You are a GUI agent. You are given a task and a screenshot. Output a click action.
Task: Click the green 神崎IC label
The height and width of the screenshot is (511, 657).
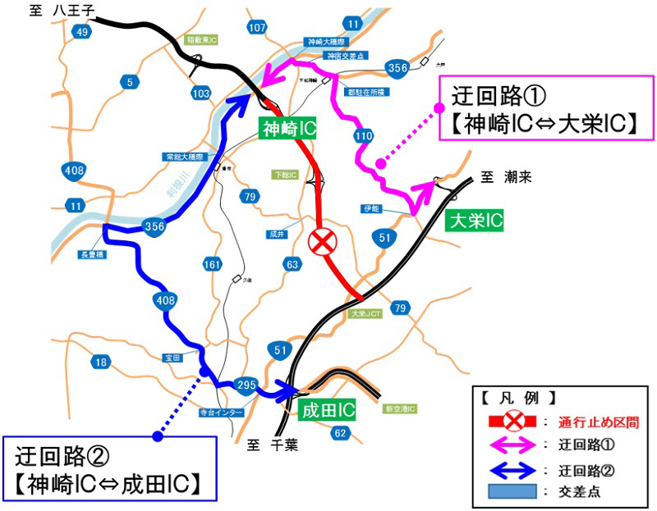288,128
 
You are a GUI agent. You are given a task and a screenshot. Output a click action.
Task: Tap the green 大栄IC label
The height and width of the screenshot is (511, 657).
474,220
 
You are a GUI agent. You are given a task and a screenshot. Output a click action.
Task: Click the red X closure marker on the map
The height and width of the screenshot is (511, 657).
322,241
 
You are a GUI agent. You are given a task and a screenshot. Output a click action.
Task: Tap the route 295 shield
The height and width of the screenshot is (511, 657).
246,384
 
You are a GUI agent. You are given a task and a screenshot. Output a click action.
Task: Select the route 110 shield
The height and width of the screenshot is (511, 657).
365,135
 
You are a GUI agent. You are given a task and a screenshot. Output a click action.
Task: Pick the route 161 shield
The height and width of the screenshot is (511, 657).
212,264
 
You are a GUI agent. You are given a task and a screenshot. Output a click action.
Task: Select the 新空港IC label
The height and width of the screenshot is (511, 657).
402,408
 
